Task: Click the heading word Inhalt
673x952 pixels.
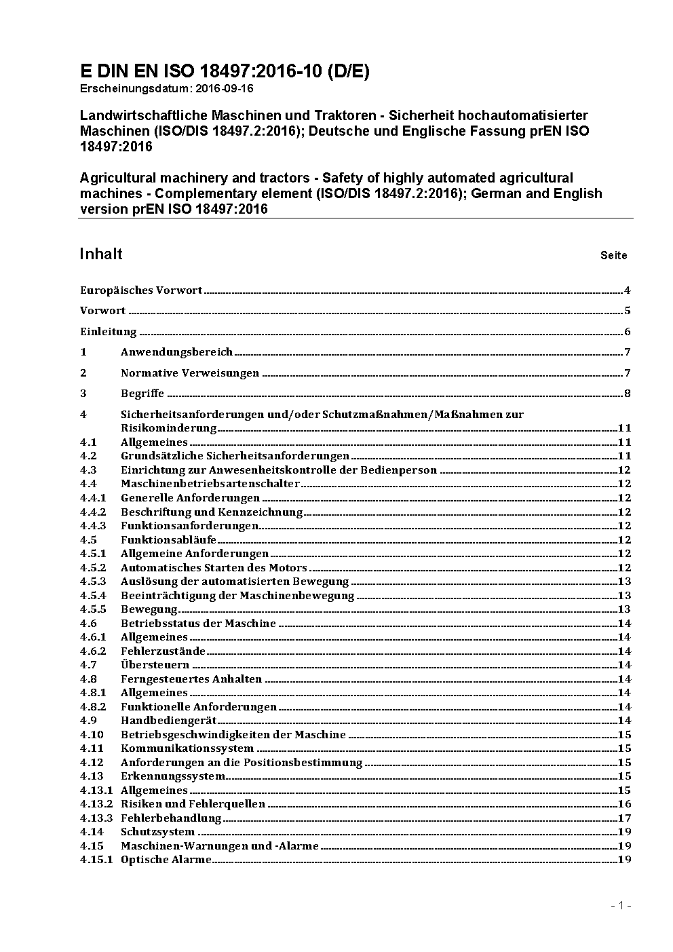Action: point(101,254)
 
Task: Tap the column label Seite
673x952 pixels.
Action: point(613,256)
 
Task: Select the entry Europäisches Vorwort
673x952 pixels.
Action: point(141,290)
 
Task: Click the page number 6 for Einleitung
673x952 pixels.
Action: point(628,332)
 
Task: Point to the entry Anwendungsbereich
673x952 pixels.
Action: point(176,352)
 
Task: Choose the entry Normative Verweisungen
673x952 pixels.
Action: point(190,373)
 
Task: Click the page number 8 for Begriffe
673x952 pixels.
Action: point(628,394)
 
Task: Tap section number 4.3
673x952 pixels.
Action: point(88,470)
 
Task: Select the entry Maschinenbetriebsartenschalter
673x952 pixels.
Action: point(210,484)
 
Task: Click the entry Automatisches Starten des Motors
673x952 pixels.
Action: point(214,567)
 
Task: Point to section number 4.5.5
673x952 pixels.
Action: point(93,609)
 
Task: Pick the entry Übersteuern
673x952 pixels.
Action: point(155,665)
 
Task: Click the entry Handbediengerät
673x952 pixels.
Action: point(169,721)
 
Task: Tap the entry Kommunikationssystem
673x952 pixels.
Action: point(187,748)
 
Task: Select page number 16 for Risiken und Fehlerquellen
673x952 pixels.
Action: point(624,804)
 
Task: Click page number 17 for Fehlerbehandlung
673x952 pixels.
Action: point(624,818)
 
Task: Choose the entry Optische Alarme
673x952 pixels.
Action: point(166,860)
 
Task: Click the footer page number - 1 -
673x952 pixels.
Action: point(621,905)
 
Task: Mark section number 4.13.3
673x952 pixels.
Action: point(96,818)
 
